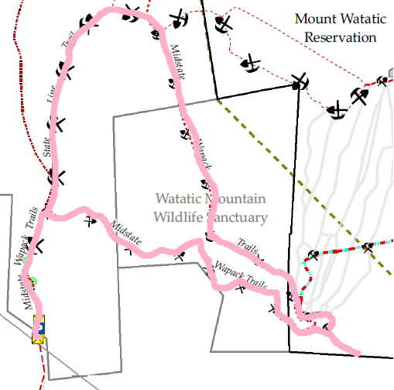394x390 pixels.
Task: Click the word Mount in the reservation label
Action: click(316, 19)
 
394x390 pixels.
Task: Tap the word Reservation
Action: click(341, 36)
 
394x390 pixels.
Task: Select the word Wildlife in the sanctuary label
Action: click(177, 217)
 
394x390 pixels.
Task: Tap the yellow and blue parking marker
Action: click(38, 330)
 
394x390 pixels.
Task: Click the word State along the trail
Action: click(49, 147)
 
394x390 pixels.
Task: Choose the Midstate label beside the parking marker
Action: click(27, 292)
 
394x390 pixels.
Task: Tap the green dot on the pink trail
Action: click(32, 280)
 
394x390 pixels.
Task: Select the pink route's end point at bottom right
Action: click(358, 354)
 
